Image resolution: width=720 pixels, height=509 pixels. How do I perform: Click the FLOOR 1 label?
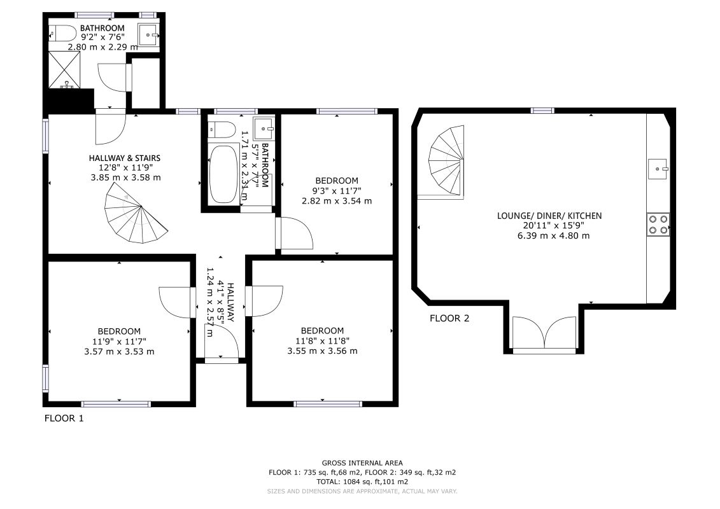click(x=64, y=418)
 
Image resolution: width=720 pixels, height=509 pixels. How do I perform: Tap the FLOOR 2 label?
click(x=449, y=318)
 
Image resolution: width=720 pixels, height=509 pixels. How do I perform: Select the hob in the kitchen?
click(x=658, y=225)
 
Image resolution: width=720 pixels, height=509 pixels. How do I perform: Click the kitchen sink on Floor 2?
click(x=658, y=169)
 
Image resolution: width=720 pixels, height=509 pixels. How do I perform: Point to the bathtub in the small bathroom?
click(x=223, y=174)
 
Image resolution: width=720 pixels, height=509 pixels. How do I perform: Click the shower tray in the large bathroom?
click(x=64, y=69)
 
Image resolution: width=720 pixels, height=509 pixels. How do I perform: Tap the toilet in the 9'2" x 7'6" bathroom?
click(x=63, y=33)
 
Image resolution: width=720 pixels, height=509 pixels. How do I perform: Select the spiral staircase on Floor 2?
click(x=446, y=160)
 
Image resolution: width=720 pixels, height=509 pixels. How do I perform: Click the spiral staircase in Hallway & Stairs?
click(x=134, y=214)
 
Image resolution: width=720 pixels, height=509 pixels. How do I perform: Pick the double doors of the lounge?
click(x=544, y=334)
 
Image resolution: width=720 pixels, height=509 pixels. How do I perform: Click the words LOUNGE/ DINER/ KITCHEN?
click(x=549, y=216)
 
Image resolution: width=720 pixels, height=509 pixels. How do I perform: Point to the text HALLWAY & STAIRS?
click(x=125, y=158)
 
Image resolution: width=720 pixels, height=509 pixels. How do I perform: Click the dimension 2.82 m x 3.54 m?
click(x=337, y=200)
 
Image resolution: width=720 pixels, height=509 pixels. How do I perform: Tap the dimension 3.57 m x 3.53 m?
click(x=119, y=352)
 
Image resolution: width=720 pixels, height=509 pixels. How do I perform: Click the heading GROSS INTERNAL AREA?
click(x=362, y=463)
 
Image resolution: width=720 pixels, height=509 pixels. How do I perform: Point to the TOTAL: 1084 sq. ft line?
click(x=362, y=482)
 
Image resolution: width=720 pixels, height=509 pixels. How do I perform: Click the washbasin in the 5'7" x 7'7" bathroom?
click(x=264, y=128)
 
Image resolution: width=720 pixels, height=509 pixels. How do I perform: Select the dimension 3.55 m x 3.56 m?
click(x=322, y=351)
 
